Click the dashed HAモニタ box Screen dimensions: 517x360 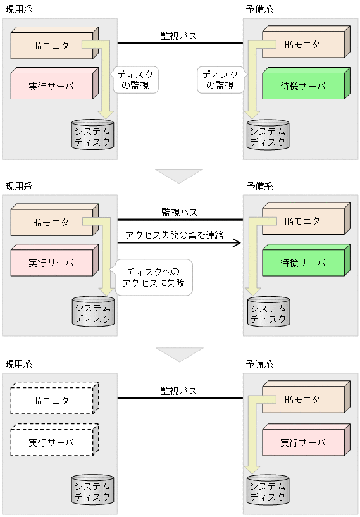coord(52,400)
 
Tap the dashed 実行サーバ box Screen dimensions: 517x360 coord(52,442)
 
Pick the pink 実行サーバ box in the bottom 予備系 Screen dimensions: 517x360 coord(303,442)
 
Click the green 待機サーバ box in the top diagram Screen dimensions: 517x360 coord(303,85)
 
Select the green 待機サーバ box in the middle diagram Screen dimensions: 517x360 coord(303,262)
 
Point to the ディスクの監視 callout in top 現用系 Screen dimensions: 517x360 coord(134,80)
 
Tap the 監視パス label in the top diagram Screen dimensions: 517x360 coord(178,35)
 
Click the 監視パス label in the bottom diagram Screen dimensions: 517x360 coord(178,390)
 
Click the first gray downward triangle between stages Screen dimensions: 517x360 coord(179,175)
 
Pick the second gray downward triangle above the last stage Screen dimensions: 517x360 coord(179,354)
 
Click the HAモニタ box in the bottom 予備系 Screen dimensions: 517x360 coord(303,400)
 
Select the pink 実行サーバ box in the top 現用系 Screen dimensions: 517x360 coord(52,85)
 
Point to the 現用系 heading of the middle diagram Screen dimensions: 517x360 coord(19,187)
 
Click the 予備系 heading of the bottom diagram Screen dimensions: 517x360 coord(259,364)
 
